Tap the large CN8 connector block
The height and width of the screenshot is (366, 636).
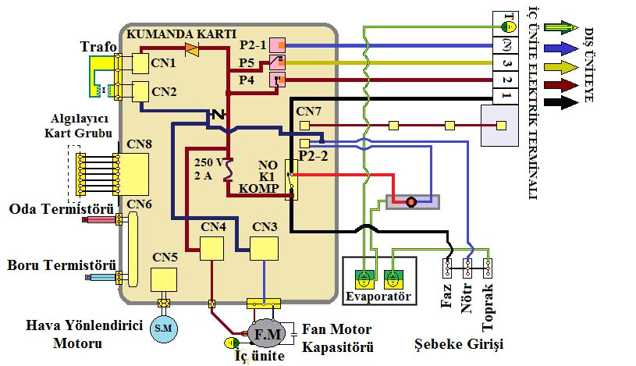tap(131, 173)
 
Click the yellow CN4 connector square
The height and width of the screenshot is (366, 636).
tap(212, 249)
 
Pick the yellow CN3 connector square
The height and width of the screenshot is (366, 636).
tap(263, 249)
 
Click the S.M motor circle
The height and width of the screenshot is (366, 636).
tap(164, 329)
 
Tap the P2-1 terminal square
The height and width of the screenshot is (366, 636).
tap(278, 45)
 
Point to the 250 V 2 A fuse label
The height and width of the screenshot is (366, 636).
tap(208, 169)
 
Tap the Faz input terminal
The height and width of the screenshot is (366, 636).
tap(448, 269)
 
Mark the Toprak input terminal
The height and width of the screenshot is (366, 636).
tap(487, 269)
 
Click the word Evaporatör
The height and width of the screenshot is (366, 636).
tap(378, 297)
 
